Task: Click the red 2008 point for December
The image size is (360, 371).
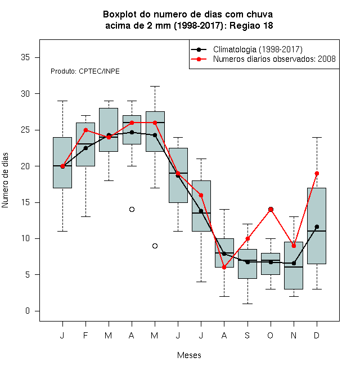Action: (317, 174)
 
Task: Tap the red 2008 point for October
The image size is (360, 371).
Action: (271, 210)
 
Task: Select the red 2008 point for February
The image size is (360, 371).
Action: (85, 130)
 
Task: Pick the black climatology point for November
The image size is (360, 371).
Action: (294, 263)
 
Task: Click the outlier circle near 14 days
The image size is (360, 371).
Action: (132, 210)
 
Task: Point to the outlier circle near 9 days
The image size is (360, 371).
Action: (155, 246)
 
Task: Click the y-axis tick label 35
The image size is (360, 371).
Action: (25, 57)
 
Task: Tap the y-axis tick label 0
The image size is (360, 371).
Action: (28, 311)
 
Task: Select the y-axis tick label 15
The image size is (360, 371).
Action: (25, 202)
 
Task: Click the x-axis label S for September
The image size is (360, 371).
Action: (247, 335)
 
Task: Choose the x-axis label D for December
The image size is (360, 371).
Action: (317, 335)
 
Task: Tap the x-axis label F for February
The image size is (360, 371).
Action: (85, 335)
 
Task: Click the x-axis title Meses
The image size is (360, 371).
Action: (189, 355)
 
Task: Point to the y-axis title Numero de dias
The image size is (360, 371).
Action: (5, 180)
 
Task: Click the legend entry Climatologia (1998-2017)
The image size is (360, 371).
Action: (258, 49)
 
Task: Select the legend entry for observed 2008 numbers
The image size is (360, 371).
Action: (274, 59)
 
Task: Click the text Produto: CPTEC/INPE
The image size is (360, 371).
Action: (85, 71)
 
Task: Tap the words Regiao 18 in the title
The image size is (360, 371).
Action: (251, 25)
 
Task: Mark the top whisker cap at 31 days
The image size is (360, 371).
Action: (155, 87)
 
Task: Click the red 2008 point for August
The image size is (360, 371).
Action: (224, 268)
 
